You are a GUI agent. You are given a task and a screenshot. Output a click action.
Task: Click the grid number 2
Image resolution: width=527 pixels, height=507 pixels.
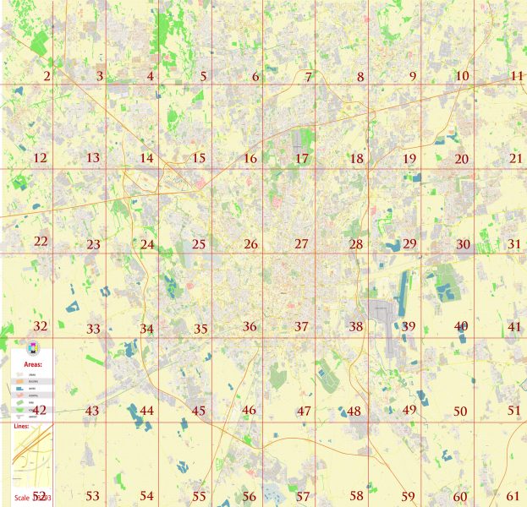pyautogui.click(x=47, y=77)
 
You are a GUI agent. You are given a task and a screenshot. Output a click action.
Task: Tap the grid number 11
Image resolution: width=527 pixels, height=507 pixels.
pyautogui.click(x=516, y=77)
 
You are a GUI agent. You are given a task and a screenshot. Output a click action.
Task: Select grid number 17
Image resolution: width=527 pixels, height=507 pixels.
pyautogui.click(x=302, y=159)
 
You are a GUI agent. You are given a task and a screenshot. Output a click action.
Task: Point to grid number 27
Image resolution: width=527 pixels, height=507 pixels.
pyautogui.click(x=302, y=245)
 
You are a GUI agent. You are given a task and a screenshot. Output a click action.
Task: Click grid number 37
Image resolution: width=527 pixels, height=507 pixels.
pyautogui.click(x=302, y=327)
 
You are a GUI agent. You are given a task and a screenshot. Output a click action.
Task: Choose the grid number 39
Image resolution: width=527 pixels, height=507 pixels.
pyautogui.click(x=409, y=327)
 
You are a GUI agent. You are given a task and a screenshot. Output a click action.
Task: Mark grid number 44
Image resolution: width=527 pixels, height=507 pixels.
pyautogui.click(x=146, y=411)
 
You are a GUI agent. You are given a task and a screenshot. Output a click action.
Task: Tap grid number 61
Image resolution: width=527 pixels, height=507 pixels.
pyautogui.click(x=513, y=496)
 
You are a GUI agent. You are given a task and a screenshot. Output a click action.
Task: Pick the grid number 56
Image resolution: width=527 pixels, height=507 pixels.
pyautogui.click(x=249, y=497)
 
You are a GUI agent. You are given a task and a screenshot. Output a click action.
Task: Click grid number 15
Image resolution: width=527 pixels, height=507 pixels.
pyautogui.click(x=199, y=159)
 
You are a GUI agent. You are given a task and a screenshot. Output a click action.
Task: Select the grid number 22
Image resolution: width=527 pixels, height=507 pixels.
pyautogui.click(x=41, y=242)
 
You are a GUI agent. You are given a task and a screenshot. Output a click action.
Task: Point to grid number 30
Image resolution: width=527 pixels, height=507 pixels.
pyautogui.click(x=463, y=244)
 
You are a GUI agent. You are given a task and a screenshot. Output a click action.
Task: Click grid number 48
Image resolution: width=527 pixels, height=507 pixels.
pyautogui.click(x=354, y=412)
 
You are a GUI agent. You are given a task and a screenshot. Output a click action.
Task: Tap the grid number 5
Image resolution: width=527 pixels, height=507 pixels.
pyautogui.click(x=203, y=77)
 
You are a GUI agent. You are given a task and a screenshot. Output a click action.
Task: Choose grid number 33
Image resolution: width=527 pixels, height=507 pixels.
pyautogui.click(x=93, y=329)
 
